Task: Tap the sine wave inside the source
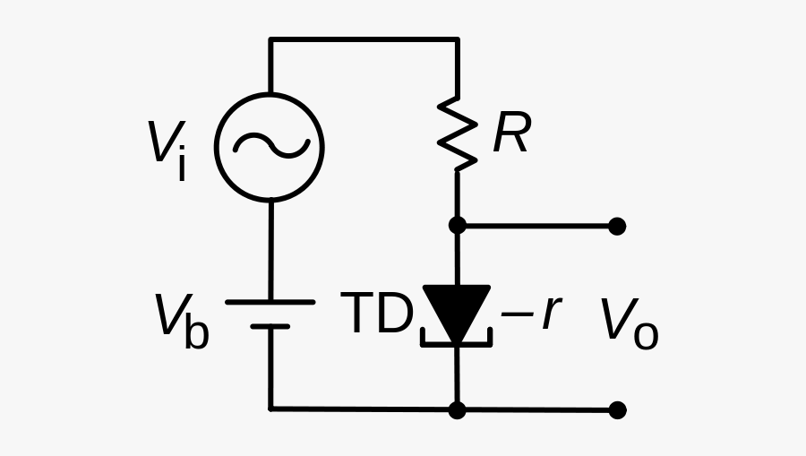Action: click(270, 146)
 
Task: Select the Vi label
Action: click(167, 149)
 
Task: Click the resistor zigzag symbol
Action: click(457, 133)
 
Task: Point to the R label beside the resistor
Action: click(511, 134)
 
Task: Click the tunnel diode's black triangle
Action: click(457, 310)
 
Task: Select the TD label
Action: click(377, 314)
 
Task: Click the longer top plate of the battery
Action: click(270, 302)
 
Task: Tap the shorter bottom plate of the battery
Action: click(270, 327)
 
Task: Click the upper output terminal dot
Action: click(617, 226)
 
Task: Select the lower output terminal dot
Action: click(617, 409)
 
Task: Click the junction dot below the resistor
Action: click(457, 226)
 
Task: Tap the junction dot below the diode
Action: click(457, 409)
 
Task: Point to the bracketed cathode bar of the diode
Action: click(457, 342)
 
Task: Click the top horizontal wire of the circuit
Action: click(363, 39)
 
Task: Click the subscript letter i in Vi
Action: click(182, 164)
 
